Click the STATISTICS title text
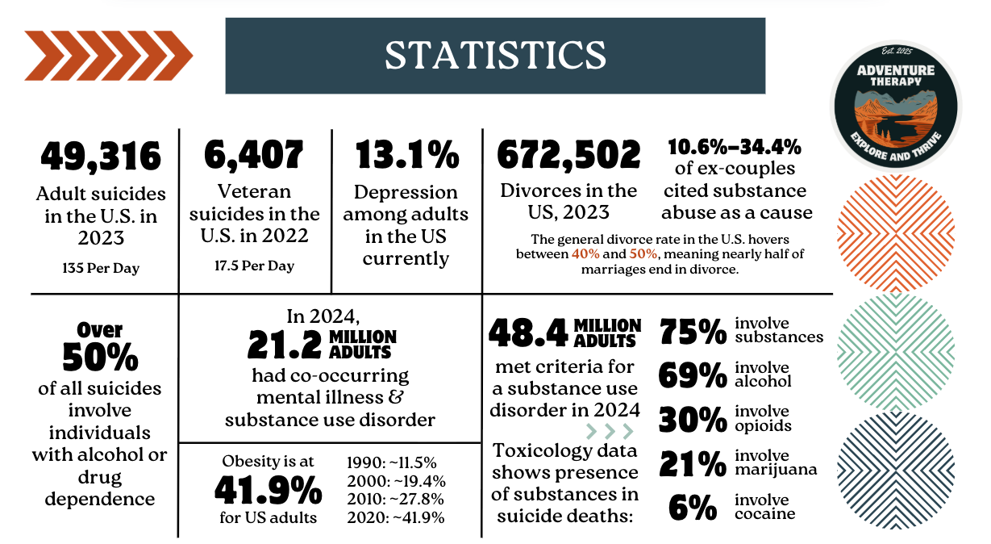click(494, 55)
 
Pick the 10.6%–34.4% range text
click(734, 147)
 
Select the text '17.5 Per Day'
click(254, 266)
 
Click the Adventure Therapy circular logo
click(895, 105)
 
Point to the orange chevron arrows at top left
click(108, 56)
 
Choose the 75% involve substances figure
click(691, 331)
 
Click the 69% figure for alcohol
click(691, 375)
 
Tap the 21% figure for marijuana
click(691, 463)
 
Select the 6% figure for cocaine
click(692, 508)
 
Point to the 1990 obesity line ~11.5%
click(391, 462)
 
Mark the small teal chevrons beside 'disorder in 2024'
click(610, 429)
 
